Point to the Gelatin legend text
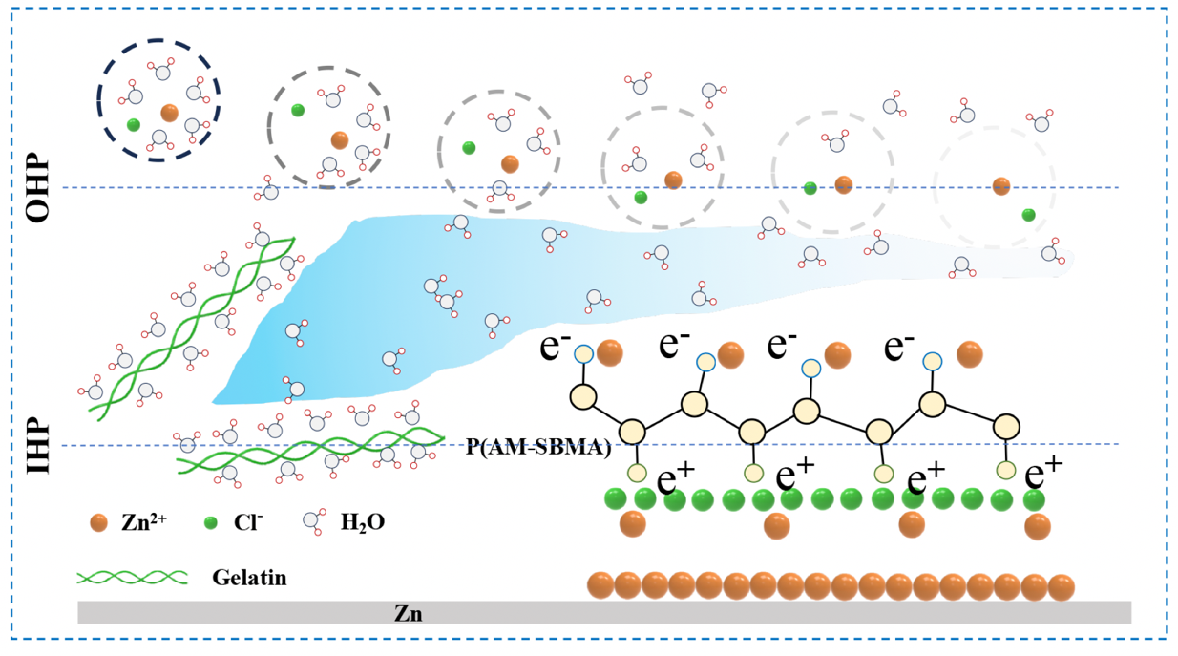point(250,578)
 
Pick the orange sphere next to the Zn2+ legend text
point(98,523)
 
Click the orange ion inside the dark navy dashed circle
point(169,113)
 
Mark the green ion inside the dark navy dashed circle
point(133,124)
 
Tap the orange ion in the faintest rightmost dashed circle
point(1000,185)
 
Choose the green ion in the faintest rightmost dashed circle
point(1028,215)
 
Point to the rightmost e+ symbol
point(1043,475)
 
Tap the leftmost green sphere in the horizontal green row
point(616,498)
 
